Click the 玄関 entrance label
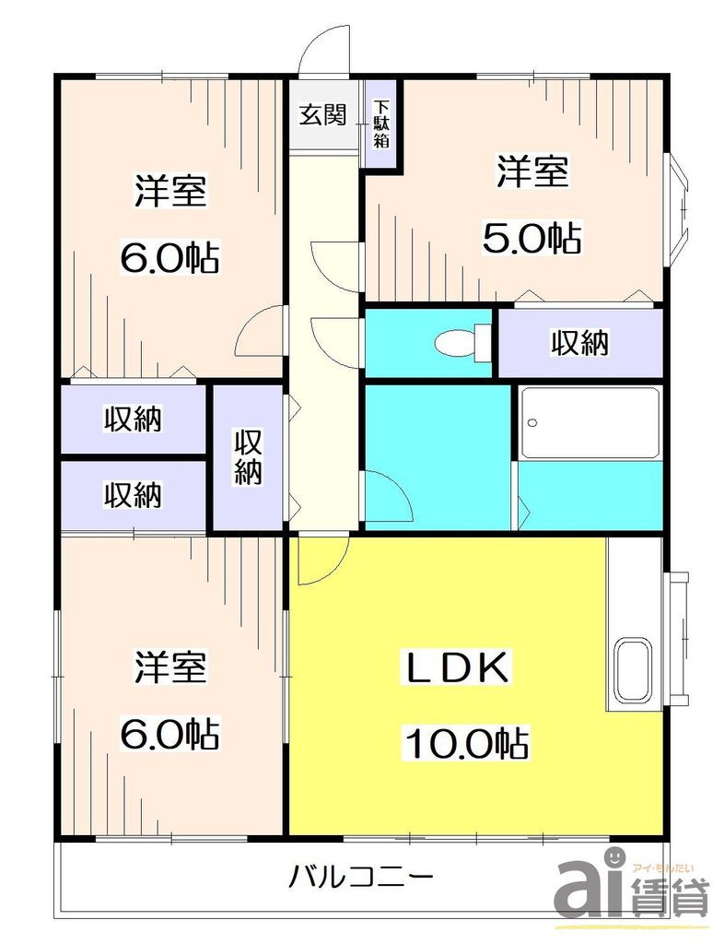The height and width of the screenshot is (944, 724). (321, 116)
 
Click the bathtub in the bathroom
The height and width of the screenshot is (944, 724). (590, 423)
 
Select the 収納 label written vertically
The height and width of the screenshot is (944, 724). (247, 457)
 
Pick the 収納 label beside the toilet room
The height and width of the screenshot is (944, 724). (579, 343)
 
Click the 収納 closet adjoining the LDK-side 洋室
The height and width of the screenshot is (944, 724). (133, 495)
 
